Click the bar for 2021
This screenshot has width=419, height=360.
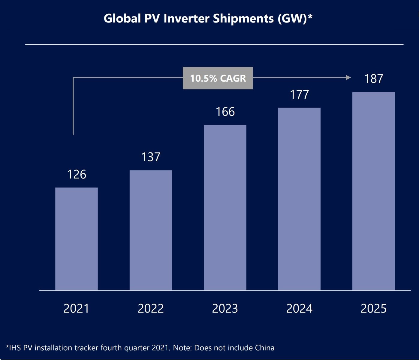77,239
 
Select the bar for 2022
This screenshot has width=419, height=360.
151,230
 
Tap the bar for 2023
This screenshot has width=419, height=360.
225,207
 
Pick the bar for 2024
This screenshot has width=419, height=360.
299,199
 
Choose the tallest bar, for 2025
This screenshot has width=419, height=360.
373,191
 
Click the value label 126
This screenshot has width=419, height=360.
77,174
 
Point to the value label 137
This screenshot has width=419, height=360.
151,157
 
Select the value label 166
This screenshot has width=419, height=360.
225,112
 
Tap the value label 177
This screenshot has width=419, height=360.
299,94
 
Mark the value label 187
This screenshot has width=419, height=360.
373,79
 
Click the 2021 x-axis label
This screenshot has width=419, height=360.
77,308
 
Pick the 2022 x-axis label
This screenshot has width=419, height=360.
151,308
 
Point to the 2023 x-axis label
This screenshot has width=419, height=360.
225,308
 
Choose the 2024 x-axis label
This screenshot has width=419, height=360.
299,308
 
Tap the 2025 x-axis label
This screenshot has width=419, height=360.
373,308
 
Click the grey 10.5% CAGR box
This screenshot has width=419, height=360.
218,78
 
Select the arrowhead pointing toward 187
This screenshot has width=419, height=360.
348,78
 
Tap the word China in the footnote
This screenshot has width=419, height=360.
264,348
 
